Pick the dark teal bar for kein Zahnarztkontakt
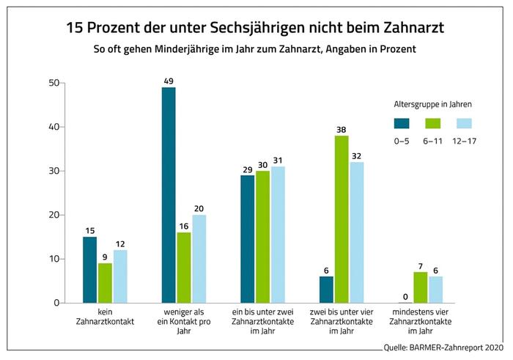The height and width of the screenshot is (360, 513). [90, 270]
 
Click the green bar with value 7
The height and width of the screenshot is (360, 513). [420, 287]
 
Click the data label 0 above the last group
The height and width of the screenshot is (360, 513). [404, 295]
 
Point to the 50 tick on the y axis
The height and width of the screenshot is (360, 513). [53, 84]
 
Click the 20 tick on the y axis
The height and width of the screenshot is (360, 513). [53, 215]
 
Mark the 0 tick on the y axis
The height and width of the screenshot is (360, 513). [56, 303]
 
